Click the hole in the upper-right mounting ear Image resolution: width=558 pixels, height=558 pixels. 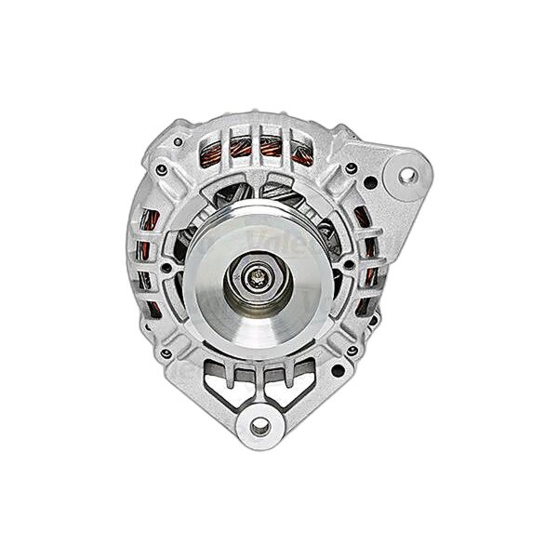click(405, 173)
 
